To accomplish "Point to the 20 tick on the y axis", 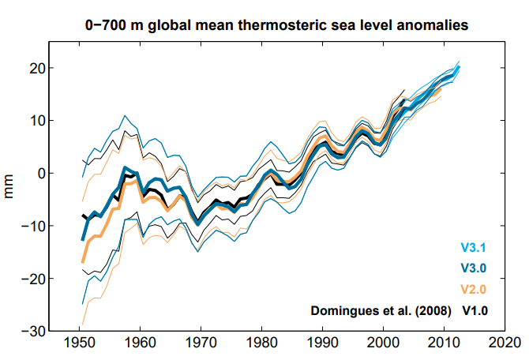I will [36, 68].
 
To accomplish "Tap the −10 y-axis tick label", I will [32, 226].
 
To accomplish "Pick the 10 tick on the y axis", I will [36, 121].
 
